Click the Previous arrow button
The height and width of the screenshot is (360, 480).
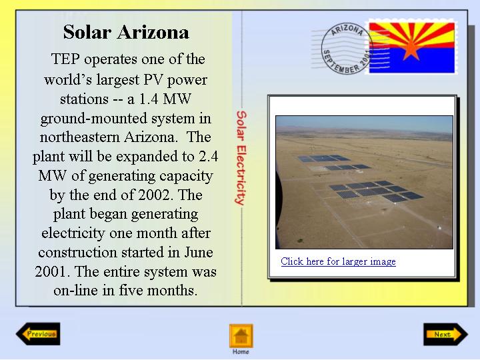point(38,334)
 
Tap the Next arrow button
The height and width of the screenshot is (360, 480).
point(446,334)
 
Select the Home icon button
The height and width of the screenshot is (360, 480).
point(241,336)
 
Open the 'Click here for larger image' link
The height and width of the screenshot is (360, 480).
point(338,261)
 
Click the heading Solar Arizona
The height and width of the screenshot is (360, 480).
point(126,32)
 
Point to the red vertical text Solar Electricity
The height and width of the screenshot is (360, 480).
point(241,158)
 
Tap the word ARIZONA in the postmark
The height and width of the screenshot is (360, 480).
point(347,30)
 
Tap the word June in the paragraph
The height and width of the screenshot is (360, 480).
point(199,252)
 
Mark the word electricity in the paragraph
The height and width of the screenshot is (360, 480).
point(73,233)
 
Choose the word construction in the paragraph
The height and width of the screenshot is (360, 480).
point(78,253)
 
